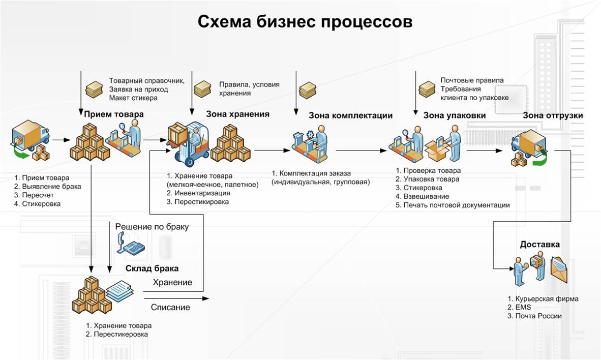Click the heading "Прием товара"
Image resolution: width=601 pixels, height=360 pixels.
tap(114, 114)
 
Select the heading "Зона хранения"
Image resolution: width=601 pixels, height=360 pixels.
tap(237, 114)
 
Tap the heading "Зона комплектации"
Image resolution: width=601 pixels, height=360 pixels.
tap(350, 115)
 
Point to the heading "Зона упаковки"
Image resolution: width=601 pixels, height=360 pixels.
tap(455, 115)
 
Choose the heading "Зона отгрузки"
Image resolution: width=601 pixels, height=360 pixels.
tap(553, 115)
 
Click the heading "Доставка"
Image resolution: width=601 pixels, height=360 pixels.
tap(539, 245)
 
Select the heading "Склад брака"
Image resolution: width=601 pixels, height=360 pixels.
tap(152, 268)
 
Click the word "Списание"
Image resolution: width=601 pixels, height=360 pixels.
tap(170, 307)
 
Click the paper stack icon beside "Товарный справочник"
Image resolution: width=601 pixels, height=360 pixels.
tap(94, 89)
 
